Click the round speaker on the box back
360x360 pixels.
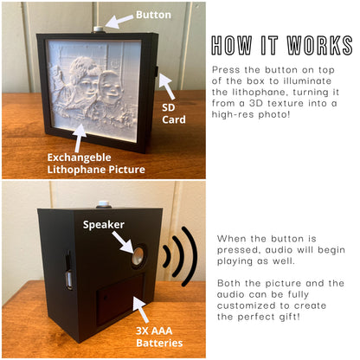(138, 254)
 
